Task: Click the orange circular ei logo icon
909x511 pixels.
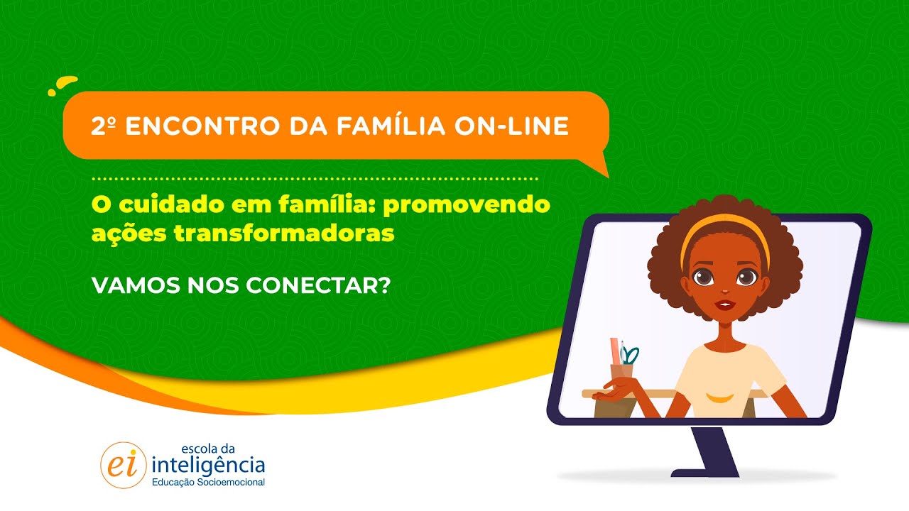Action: pyautogui.click(x=123, y=465)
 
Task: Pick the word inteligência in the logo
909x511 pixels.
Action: pyautogui.click(x=209, y=465)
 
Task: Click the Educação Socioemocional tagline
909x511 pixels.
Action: pyautogui.click(x=209, y=483)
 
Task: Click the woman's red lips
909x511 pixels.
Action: pyautogui.click(x=724, y=304)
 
